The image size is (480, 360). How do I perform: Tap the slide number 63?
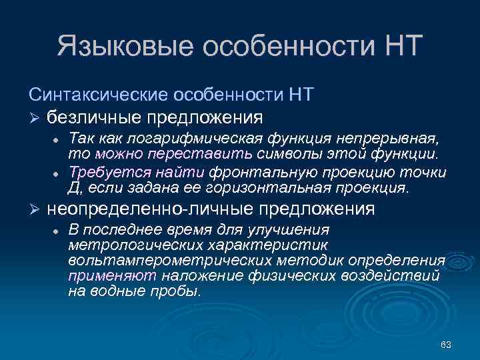447,345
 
